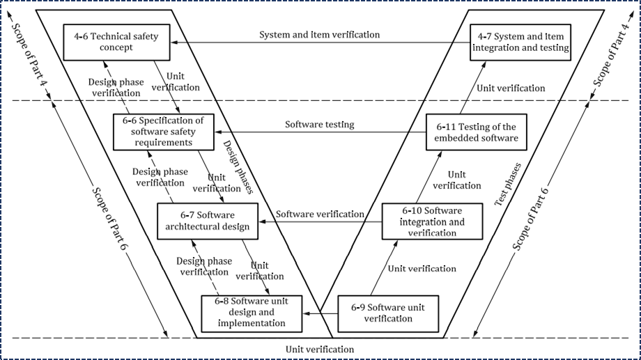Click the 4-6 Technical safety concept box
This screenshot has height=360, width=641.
point(117,42)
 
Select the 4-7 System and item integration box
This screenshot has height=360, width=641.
point(520,42)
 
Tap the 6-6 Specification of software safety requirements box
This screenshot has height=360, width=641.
point(164,131)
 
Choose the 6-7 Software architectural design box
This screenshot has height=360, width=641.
point(208,220)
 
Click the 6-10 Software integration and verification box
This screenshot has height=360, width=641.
point(432,221)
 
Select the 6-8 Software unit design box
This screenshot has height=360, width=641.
point(252,313)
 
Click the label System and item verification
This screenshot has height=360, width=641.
point(320,34)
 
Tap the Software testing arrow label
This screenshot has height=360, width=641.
point(319,125)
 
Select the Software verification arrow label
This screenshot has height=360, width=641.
point(320,214)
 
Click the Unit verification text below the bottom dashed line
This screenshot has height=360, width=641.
point(320,349)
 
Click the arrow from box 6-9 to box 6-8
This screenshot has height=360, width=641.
point(320,313)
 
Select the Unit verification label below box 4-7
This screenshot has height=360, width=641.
point(511,88)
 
